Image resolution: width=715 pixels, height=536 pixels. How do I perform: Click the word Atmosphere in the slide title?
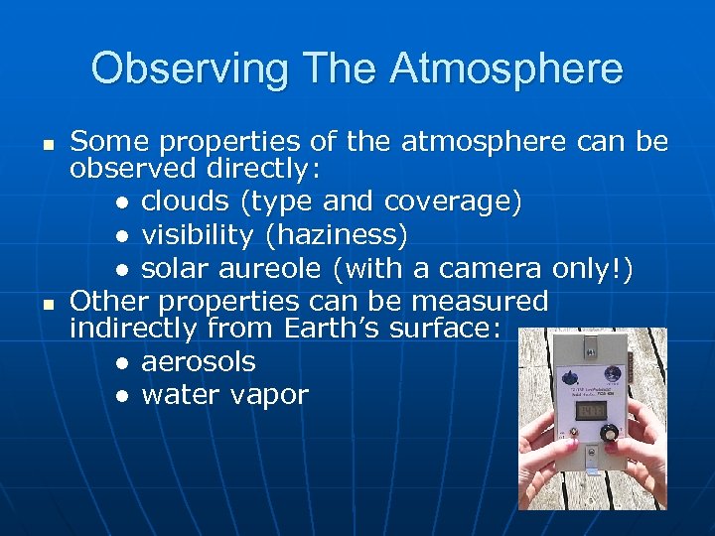coord(506,69)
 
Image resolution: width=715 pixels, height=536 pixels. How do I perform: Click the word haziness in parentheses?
coord(343,235)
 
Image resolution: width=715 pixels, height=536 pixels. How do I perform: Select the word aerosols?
coord(199,362)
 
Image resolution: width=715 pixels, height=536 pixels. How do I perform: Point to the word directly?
coord(256,170)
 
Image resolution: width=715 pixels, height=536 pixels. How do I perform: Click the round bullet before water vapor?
coord(121,396)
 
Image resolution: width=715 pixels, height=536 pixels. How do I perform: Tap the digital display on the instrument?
coord(594,408)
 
